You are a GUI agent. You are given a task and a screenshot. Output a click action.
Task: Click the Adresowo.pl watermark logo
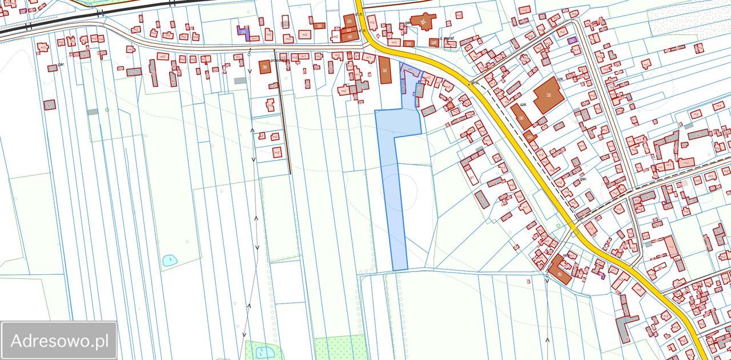59,341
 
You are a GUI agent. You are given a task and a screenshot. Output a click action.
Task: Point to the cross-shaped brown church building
423,22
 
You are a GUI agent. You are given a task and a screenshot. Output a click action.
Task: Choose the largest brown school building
549,96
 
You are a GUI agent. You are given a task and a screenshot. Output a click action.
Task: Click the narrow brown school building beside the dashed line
521,116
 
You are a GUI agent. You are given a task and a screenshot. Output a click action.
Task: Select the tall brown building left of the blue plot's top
385,70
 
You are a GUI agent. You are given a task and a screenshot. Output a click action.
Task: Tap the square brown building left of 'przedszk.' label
264,67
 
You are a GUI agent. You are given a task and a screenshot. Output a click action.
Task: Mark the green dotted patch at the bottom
340,347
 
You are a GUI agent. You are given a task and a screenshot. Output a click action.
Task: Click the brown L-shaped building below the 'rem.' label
559,269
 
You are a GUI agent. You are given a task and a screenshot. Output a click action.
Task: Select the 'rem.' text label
567,255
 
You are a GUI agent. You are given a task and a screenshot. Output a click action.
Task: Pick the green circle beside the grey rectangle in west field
107,110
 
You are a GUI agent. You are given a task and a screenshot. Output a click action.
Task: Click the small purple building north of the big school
572,40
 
